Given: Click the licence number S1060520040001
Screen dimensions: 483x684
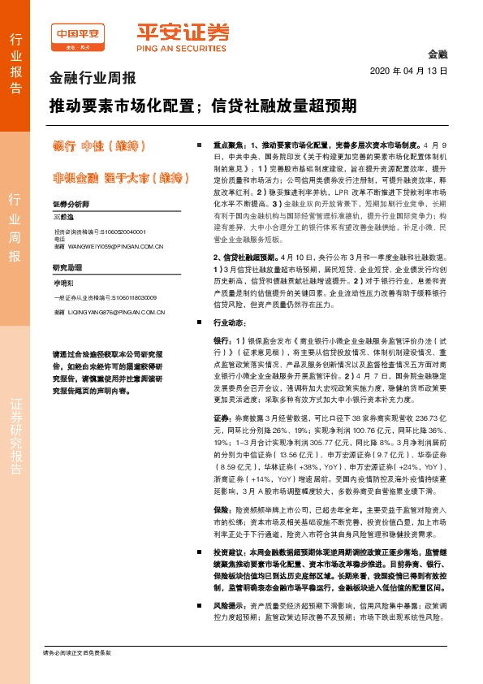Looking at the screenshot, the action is [x=120, y=232].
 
